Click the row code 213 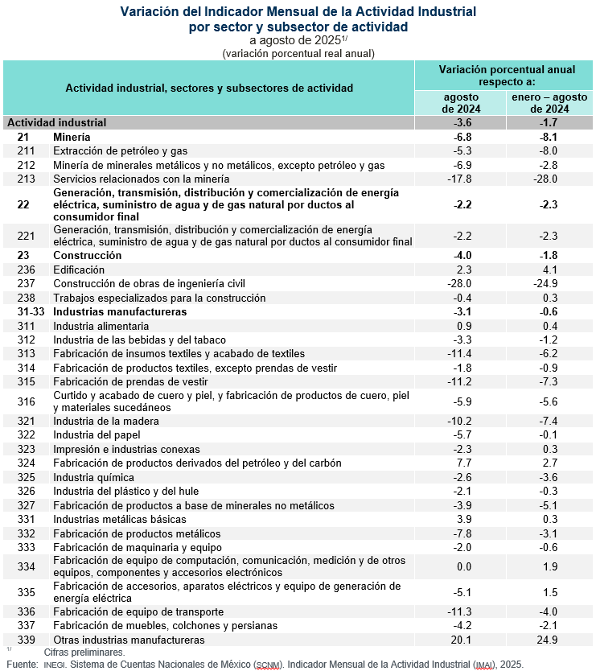coord(26,179)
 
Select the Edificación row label coord(79,270)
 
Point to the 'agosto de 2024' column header coord(461,103)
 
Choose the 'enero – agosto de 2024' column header coord(549,103)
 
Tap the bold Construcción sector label coord(88,255)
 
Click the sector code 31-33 coord(31,311)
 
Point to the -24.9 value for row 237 coord(549,283)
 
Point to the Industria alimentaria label coord(101,326)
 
